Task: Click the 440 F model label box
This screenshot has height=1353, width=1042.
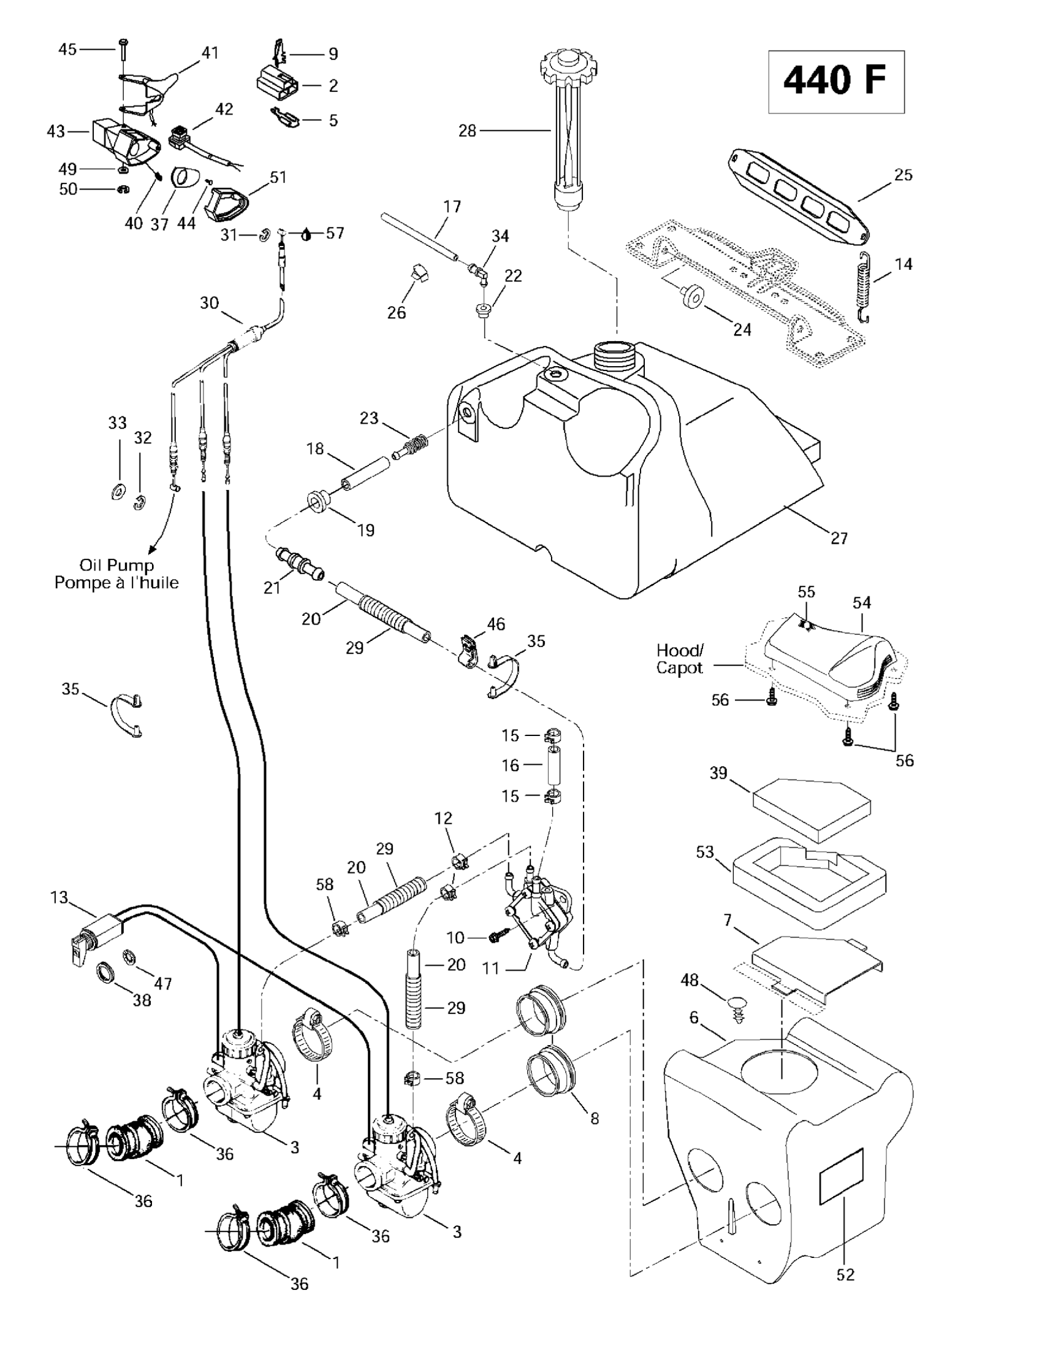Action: (836, 82)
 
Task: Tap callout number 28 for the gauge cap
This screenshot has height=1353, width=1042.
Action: (467, 131)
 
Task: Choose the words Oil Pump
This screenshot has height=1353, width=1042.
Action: (116, 565)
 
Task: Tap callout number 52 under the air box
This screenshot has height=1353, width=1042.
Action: (845, 1274)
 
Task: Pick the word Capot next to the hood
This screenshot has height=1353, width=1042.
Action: (679, 669)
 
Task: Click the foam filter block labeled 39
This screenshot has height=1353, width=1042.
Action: (811, 808)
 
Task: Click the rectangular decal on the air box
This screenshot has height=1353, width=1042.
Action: (841, 1184)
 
